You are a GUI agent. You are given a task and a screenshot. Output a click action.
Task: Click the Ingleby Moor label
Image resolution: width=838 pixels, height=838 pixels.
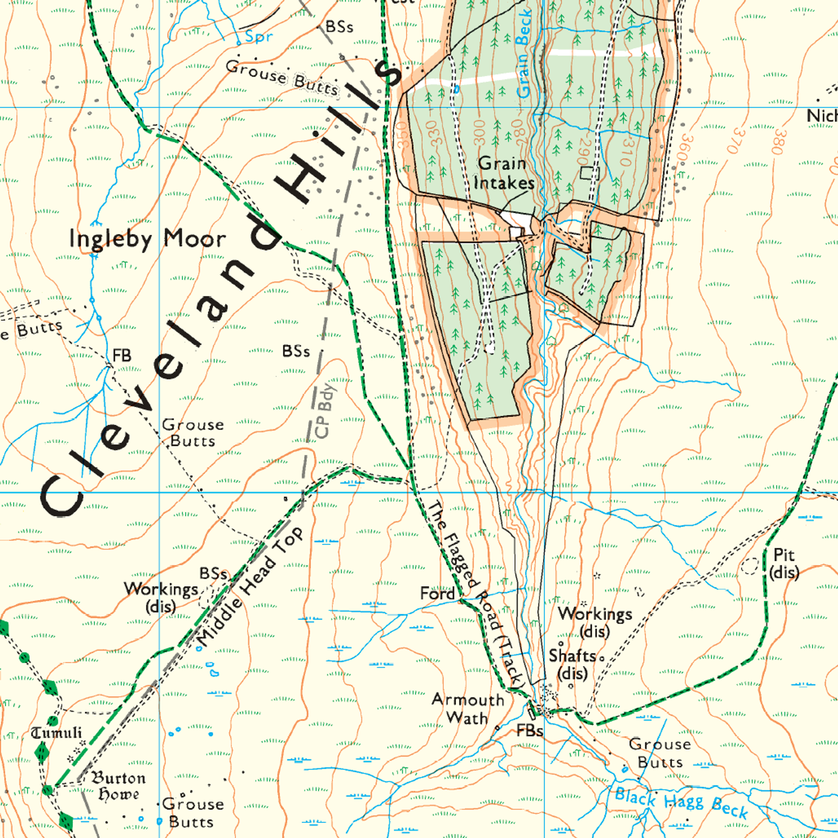pos(148,239)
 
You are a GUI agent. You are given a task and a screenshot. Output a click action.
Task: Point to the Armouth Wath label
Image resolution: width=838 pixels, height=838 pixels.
pos(467,709)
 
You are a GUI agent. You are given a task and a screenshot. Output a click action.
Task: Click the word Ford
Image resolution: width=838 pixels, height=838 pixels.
pos(437,594)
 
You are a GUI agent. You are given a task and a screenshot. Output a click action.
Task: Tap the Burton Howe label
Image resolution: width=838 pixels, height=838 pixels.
pos(117,786)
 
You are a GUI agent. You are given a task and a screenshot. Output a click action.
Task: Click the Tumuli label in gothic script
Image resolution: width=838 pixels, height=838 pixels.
pos(56,733)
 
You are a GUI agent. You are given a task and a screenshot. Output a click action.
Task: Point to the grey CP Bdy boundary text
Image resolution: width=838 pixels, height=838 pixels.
pos(325,410)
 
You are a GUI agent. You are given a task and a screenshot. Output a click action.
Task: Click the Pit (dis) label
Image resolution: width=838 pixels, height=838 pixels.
pos(784,563)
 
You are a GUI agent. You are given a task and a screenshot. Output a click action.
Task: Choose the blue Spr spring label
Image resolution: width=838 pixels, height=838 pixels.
pos(259,37)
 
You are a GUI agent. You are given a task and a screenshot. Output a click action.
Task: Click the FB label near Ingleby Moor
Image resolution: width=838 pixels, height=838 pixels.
pos(122,356)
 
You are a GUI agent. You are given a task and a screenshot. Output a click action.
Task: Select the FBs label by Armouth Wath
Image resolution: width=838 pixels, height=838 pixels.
pos(529,731)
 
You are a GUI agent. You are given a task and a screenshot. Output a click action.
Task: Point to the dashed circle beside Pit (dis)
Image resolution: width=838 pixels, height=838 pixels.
pos(750,566)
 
